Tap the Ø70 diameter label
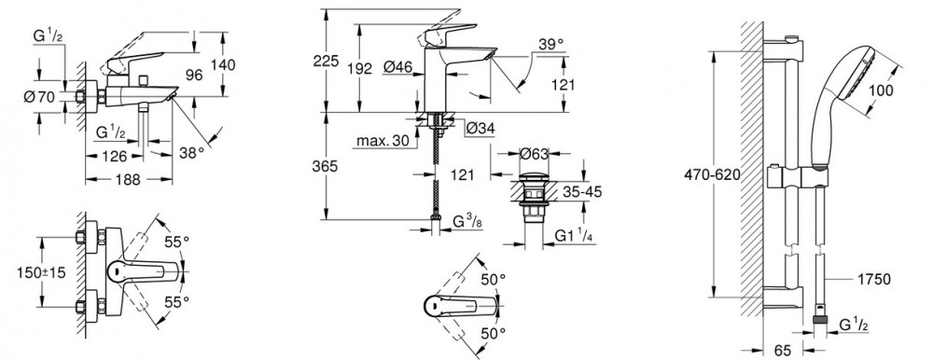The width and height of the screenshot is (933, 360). [x=38, y=98]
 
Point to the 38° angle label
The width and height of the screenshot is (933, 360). [x=191, y=153]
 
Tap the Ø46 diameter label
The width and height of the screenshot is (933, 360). [x=398, y=68]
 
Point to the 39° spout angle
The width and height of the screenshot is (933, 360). [x=550, y=44]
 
